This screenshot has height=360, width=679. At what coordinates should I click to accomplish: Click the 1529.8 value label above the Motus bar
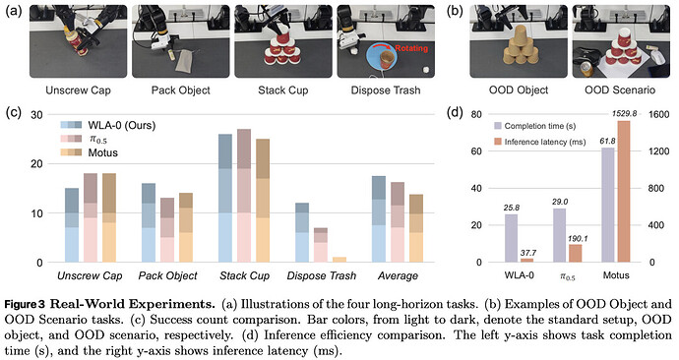click(624, 114)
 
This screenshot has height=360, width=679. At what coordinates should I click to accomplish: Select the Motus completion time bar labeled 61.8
click(608, 205)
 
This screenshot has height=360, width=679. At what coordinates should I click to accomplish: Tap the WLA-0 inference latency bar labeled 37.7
click(527, 260)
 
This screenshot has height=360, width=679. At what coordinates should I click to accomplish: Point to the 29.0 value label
click(560, 202)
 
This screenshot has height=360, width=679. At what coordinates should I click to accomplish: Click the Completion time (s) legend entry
click(534, 126)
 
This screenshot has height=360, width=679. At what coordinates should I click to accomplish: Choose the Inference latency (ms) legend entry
click(539, 142)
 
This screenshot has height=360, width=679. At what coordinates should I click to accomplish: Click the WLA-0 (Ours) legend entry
click(108, 126)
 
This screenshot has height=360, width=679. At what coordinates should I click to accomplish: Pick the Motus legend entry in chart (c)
click(89, 152)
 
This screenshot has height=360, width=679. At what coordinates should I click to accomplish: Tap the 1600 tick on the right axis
click(658, 115)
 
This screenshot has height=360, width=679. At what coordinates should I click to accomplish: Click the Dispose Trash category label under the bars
click(322, 276)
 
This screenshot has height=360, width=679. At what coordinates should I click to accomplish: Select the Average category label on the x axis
click(398, 276)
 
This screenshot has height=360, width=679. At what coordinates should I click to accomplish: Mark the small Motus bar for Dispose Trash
click(339, 260)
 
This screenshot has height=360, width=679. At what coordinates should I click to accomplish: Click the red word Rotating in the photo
click(411, 48)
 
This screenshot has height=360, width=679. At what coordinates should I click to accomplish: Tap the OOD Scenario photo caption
click(620, 90)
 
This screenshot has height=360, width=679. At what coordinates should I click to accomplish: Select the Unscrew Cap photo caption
click(79, 90)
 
